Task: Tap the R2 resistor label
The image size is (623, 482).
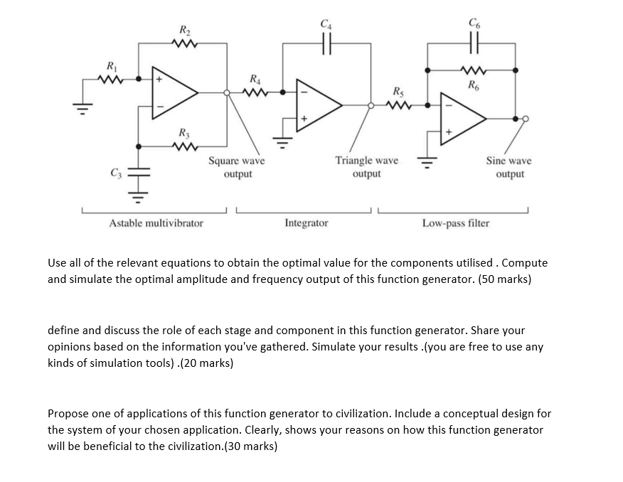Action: [183, 31]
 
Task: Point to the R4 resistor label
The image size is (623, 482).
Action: [254, 78]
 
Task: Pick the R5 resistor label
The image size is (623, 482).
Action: [398, 91]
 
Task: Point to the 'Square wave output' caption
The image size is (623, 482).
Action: [236, 167]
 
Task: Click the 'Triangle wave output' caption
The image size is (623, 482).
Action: [366, 167]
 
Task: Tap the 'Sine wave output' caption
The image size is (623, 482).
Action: [508, 167]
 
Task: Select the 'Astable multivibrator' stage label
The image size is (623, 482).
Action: [156, 223]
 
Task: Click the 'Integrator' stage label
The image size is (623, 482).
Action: [307, 223]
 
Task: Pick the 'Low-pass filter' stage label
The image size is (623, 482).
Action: [456, 223]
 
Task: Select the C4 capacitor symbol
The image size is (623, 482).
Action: [326, 43]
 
